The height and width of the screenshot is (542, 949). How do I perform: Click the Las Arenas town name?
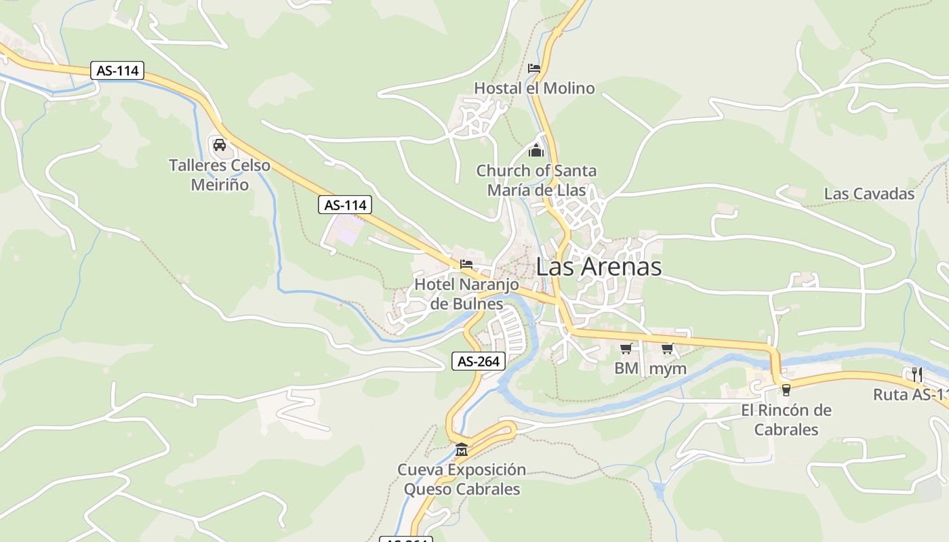(x=599, y=266)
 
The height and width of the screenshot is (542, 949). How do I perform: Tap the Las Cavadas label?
(x=869, y=194)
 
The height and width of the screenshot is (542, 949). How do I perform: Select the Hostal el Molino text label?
(x=534, y=88)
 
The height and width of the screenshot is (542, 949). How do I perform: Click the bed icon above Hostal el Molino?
(x=534, y=68)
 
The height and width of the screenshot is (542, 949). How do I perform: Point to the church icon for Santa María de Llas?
(x=536, y=150)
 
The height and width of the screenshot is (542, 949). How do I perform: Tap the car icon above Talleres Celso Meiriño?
(x=219, y=144)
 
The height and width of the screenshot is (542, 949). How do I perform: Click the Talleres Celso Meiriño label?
(x=219, y=175)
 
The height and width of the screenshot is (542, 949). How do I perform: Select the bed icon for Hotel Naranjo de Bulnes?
(x=466, y=264)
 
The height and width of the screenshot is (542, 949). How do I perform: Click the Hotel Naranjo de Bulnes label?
(x=466, y=293)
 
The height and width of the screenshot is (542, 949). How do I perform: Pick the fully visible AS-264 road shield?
(x=479, y=361)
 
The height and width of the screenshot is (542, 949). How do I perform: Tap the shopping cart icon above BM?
(x=626, y=348)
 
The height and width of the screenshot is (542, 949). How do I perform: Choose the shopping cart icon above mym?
(x=668, y=348)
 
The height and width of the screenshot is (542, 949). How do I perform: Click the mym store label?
(x=668, y=369)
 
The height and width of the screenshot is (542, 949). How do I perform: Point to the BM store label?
(x=626, y=369)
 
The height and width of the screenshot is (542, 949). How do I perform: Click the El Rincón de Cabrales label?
(x=786, y=419)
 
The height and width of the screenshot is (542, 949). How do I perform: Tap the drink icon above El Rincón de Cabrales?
(x=786, y=390)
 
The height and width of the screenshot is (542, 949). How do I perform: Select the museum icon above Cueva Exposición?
(x=462, y=449)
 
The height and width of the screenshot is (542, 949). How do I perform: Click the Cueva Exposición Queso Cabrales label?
(x=462, y=479)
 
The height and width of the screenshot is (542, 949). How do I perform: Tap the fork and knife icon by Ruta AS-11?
(x=916, y=373)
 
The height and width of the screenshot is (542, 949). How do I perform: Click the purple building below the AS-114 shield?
(x=347, y=234)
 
